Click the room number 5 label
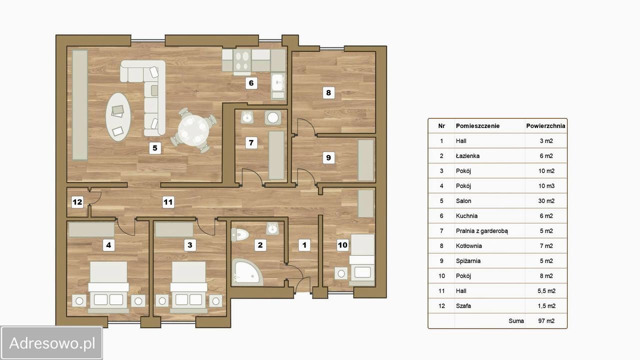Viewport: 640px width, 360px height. click(155, 148)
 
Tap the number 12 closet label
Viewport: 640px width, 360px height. click(77, 202)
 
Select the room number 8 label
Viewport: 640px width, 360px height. click(328, 92)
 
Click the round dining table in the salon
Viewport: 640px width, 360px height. click(193, 130)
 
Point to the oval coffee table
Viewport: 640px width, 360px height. click(118, 116)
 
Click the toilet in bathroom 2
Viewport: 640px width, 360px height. click(239, 235)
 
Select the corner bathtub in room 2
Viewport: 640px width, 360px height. click(246, 272)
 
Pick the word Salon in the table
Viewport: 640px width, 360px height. click(463, 201)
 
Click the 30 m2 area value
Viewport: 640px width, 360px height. click(546, 201)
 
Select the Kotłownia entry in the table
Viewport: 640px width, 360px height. click(469, 245)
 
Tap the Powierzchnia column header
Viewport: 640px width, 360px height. click(545, 125)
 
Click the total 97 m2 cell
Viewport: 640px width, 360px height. click(546, 321)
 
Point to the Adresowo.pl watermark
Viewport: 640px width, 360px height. click(51, 343)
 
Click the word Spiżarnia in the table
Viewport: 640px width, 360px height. click(468, 261)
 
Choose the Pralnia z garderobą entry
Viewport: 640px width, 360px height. click(482, 231)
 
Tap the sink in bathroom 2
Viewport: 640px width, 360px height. click(272, 228)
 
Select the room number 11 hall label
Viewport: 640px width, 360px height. click(168, 202)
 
